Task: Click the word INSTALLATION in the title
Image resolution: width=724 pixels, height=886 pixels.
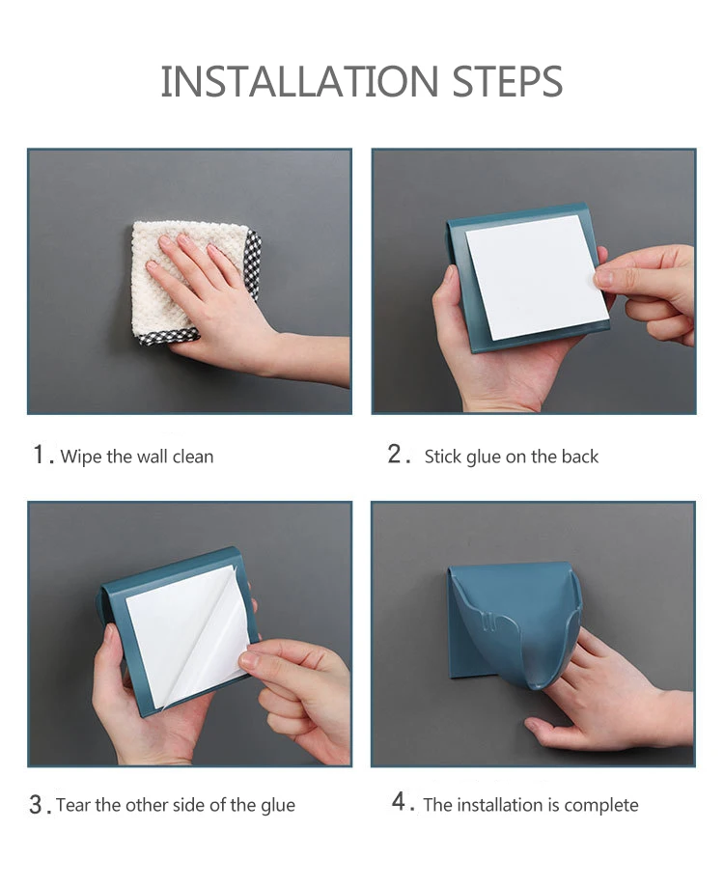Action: click(299, 81)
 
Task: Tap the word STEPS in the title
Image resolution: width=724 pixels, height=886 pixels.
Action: click(507, 81)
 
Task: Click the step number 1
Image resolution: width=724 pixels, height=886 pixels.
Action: click(40, 455)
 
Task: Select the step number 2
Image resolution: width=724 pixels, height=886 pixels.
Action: click(395, 455)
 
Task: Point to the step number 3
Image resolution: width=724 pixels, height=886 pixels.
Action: click(36, 805)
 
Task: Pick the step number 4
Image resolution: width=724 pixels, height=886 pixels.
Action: click(400, 801)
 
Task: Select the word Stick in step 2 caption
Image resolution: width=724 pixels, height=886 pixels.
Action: click(442, 457)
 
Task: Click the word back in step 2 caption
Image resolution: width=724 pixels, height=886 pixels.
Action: click(580, 457)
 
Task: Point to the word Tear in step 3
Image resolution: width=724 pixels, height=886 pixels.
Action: click(73, 805)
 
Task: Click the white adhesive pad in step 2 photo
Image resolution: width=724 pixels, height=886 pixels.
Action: click(537, 277)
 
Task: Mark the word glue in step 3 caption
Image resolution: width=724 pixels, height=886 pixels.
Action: click(277, 806)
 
